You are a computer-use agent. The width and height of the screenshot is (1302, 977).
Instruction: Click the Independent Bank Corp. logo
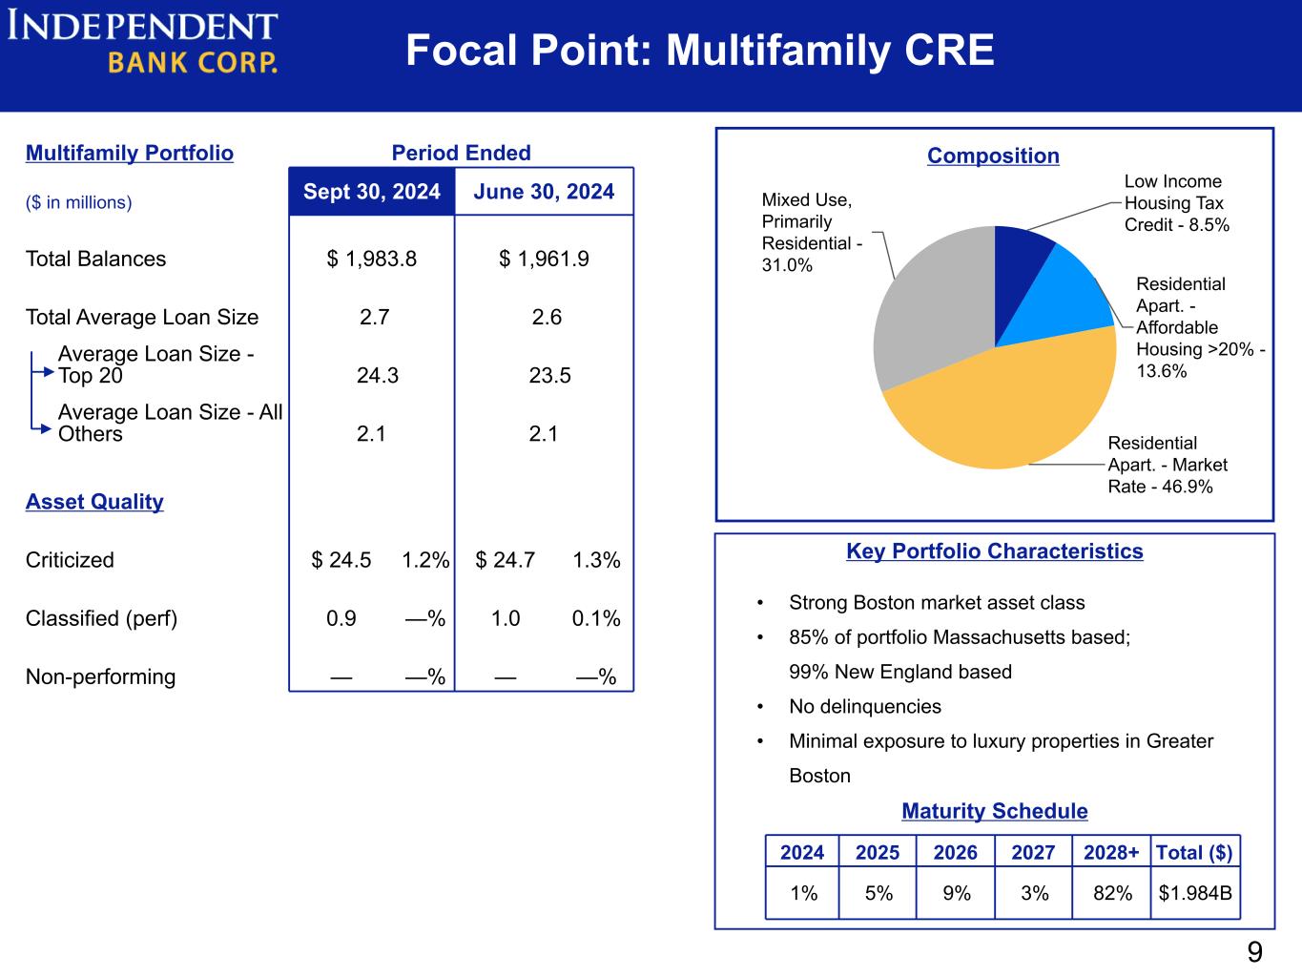[143, 43]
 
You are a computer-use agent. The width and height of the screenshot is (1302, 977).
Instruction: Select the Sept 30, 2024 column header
[372, 192]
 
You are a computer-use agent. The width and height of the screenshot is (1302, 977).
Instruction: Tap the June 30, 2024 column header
[544, 192]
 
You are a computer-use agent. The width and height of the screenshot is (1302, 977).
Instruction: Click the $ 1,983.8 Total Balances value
[372, 259]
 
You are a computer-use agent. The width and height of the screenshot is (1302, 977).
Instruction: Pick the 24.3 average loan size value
[378, 376]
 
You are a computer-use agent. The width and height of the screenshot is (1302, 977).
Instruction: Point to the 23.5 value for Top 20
[550, 376]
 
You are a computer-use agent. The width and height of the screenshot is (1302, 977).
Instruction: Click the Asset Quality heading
[94, 502]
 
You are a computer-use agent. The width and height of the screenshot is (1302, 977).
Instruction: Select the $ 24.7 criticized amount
[506, 560]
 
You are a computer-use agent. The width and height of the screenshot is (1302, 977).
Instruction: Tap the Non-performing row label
[100, 677]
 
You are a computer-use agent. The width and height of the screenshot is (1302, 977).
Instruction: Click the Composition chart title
[993, 156]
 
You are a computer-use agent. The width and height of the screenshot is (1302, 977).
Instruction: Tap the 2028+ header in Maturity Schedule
[1111, 852]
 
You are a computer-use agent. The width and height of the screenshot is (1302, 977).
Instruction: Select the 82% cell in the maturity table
[1112, 893]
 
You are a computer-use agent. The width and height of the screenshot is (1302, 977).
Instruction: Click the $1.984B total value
[1195, 893]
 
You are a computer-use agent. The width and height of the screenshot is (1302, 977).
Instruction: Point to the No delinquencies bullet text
[864, 707]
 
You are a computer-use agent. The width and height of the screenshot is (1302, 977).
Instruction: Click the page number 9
[1254, 952]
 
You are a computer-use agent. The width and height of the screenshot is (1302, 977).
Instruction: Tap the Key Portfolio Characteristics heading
[994, 551]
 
